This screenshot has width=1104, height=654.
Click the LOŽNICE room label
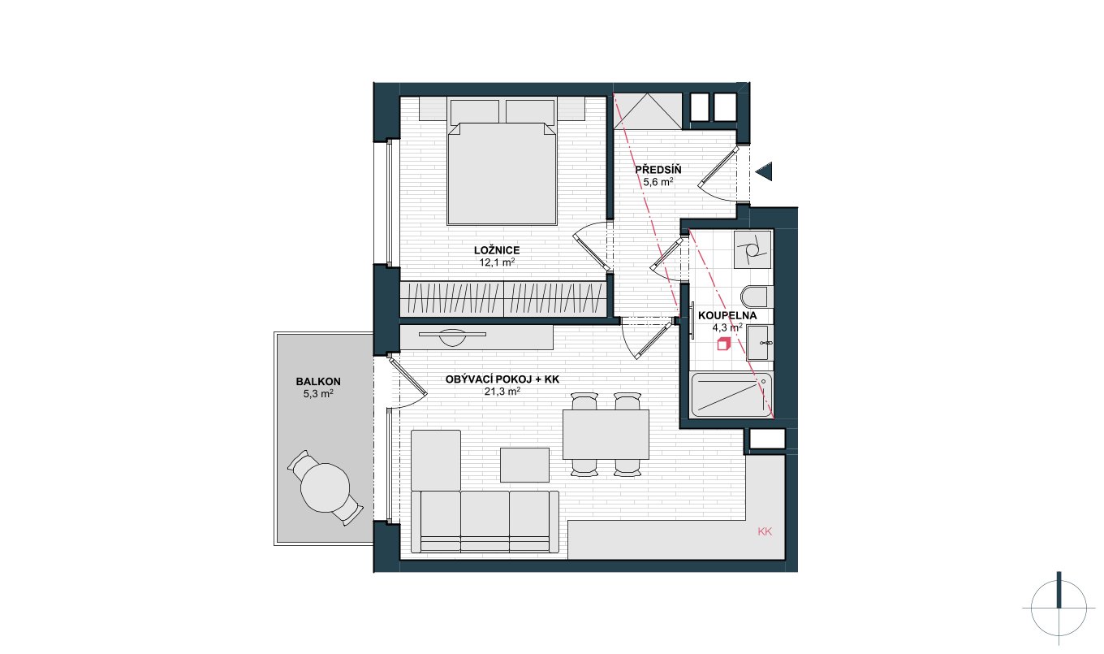pos(497,250)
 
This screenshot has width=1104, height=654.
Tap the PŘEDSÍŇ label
pos(658,170)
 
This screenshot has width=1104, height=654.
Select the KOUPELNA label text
pos(727,316)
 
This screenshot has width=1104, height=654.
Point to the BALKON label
pos(318,381)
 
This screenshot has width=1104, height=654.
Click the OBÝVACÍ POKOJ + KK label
pos(502,379)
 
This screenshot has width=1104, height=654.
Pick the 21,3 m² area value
pos(502,392)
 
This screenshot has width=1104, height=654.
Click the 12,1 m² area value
pos(497,262)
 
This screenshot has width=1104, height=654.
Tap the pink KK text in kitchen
pos(765,531)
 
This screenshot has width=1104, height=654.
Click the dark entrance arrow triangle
pos(765,171)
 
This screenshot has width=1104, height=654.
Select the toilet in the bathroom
pos(754,297)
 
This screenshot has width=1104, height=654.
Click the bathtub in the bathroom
pos(731,395)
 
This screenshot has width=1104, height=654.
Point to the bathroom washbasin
pos(759,342)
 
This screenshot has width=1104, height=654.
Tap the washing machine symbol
pos(752,249)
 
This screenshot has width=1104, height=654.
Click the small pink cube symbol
pos(723,344)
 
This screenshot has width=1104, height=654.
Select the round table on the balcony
pos(326,487)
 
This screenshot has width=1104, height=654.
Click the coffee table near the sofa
pos(524,465)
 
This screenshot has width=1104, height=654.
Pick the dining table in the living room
pos(606,434)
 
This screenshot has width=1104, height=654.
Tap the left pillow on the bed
pos(475,111)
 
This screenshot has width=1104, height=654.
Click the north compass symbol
pos(1058,609)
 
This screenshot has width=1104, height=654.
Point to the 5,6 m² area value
pos(658,182)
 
